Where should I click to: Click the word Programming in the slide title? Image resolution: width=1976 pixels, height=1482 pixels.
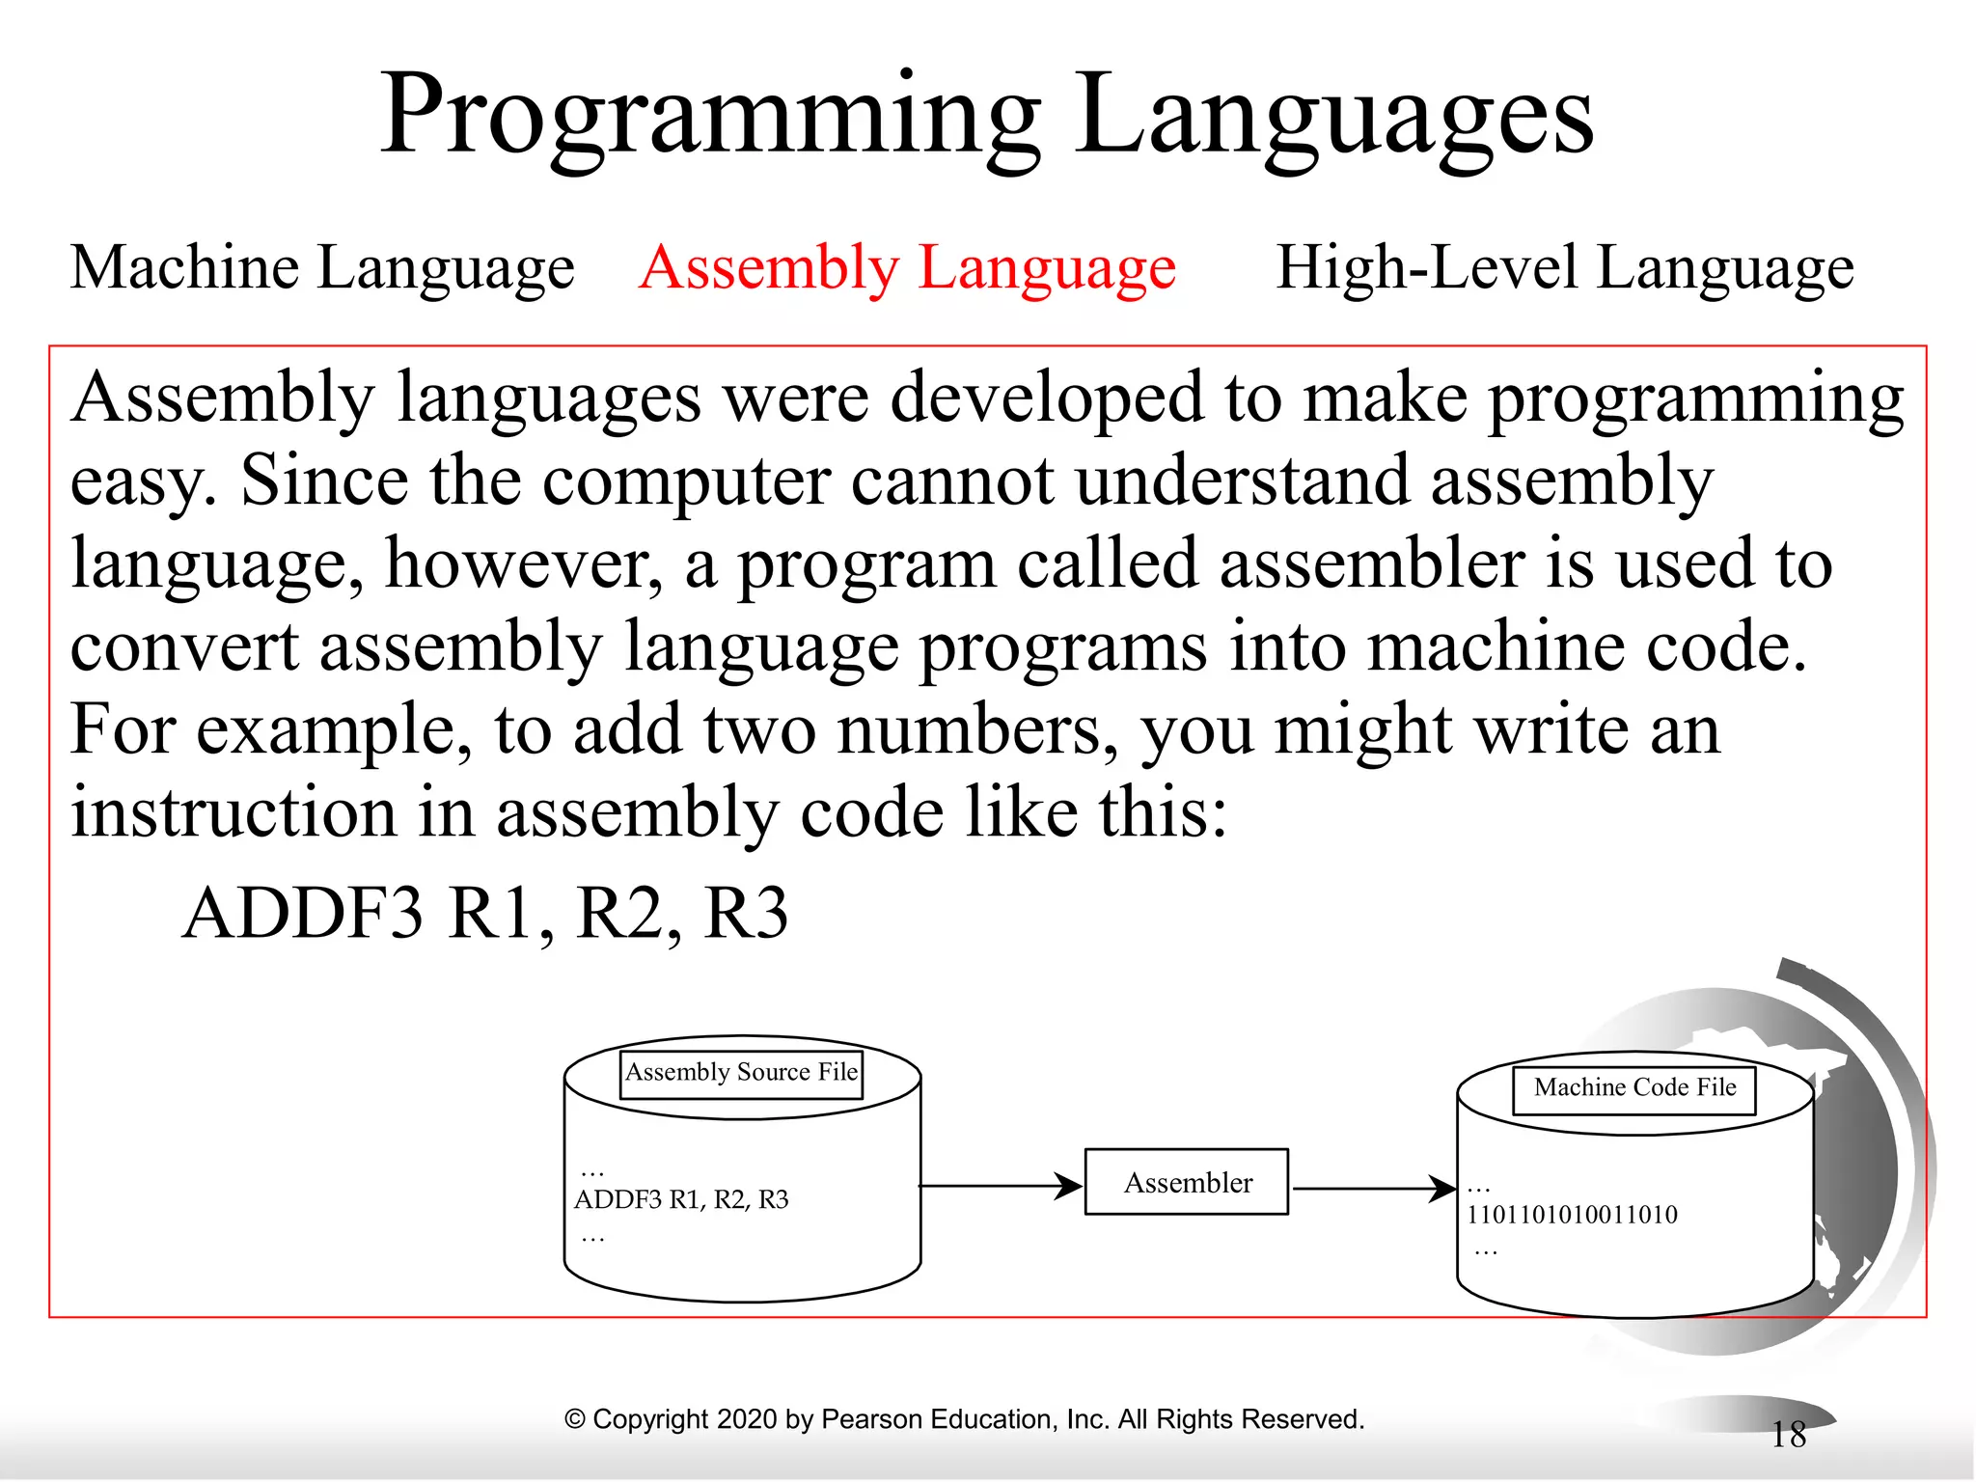point(710,116)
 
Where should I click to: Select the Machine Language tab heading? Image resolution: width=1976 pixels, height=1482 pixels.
point(322,267)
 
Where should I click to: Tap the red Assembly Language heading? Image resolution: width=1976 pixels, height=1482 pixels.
point(907,267)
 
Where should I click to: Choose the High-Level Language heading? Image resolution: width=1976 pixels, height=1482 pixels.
point(1564,267)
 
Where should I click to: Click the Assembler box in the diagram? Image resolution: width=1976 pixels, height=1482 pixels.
point(1187,1182)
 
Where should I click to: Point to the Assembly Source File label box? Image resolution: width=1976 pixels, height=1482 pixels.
point(741,1073)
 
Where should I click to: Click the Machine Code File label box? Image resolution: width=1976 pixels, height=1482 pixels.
point(1634,1088)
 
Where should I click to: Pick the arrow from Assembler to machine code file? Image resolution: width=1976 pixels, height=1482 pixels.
point(1374,1188)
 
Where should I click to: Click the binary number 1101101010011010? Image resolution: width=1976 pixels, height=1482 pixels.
point(1572,1215)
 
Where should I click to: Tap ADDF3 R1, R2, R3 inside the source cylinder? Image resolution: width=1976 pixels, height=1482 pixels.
point(681,1199)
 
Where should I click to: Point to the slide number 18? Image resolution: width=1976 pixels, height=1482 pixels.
point(1788,1435)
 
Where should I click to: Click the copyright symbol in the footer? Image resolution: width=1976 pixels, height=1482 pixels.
point(575,1419)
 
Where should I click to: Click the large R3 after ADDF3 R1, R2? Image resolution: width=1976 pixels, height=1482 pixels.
point(746,913)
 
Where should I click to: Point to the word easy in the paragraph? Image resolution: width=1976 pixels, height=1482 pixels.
point(141,482)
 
